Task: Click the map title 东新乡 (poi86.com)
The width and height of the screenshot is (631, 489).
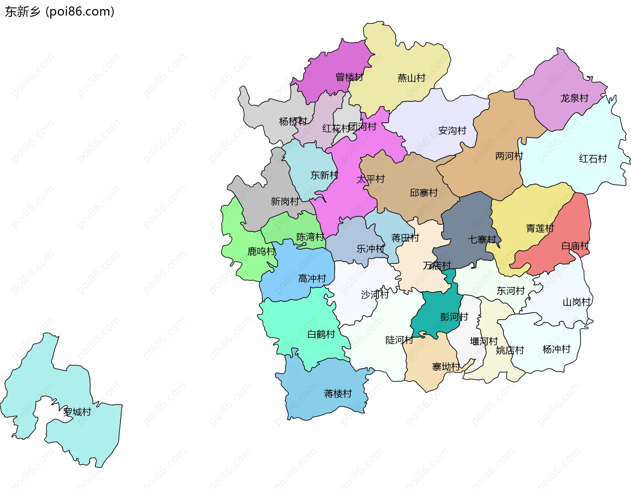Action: (59, 11)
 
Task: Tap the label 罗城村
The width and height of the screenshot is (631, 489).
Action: (77, 412)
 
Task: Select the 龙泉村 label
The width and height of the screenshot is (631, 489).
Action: (574, 98)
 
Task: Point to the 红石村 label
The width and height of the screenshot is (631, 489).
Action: (593, 159)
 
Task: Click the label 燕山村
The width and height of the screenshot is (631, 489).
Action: (411, 78)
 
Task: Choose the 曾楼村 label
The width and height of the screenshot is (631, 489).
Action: (349, 77)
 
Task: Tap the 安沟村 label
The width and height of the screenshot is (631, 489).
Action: (452, 131)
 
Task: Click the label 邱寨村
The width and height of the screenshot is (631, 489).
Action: (423, 193)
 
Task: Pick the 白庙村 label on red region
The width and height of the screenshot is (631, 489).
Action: (575, 246)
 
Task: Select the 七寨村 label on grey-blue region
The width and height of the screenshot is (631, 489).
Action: (482, 239)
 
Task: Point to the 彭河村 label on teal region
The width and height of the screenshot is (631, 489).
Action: (454, 317)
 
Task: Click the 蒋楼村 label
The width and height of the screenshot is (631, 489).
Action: (338, 393)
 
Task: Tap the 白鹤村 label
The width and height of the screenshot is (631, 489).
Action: (321, 334)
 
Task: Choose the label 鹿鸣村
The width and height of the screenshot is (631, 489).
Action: (261, 252)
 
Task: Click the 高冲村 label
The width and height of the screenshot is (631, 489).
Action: (312, 279)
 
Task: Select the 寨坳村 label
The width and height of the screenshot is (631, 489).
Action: (446, 367)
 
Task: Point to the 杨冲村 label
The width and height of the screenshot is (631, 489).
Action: (556, 349)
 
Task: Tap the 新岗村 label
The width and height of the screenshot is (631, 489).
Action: (285, 201)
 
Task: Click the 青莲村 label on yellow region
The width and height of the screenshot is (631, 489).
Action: (540, 228)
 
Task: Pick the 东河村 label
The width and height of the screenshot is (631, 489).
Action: (510, 291)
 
